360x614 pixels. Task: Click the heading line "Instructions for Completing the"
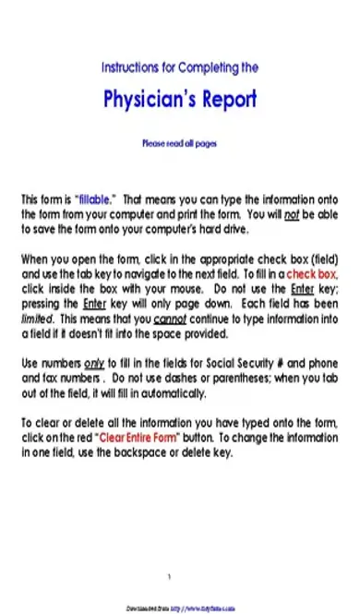[x=179, y=67]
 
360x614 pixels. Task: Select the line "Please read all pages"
[x=179, y=144]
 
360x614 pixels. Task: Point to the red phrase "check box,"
[x=312, y=275]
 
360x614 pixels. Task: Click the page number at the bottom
[x=169, y=577]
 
